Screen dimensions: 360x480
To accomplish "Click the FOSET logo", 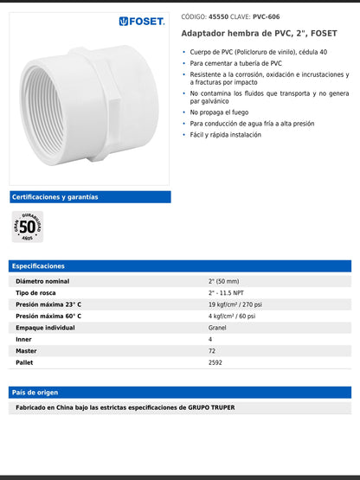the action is [142, 20].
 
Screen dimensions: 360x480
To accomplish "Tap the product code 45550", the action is [219, 16].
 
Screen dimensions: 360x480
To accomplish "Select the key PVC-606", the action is [267, 16].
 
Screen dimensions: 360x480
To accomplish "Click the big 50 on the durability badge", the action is [28, 227].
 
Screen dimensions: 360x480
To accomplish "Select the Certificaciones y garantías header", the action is [55, 197].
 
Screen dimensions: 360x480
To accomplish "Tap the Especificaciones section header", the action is [39, 266].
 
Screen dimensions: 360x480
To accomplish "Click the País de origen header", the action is [35, 393].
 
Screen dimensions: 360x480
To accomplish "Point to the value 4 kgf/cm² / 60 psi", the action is [232, 317].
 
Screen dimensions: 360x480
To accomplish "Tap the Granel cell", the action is [217, 328].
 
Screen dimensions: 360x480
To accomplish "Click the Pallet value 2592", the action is [215, 362].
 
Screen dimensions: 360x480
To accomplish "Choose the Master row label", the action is [26, 351].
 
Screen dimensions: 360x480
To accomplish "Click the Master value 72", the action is [212, 351].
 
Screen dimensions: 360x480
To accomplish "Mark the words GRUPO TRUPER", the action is [211, 407].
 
